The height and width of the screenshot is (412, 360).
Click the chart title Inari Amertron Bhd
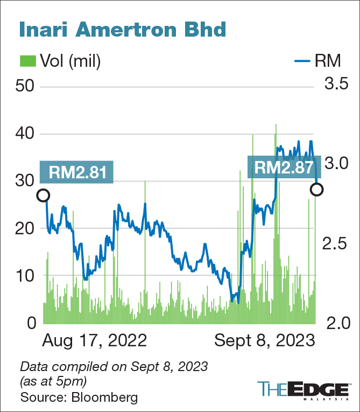122,29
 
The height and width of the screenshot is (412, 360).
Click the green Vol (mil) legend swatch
28,61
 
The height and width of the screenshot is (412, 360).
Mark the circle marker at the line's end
317,189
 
